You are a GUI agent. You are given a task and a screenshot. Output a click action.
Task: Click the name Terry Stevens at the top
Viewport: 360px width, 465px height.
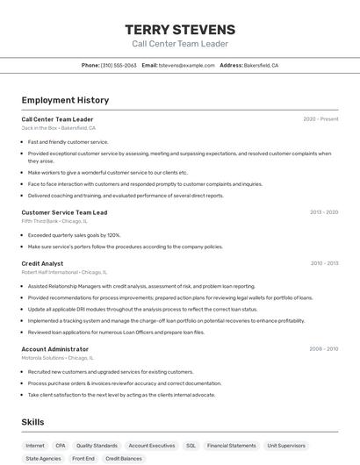pyautogui.click(x=180, y=30)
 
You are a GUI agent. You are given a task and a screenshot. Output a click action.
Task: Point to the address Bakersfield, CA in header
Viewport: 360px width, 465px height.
pyautogui.click(x=261, y=66)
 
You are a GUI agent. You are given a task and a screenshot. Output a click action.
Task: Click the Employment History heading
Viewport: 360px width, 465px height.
pyautogui.click(x=65, y=100)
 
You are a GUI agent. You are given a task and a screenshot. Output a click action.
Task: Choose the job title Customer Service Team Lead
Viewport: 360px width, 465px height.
pyautogui.click(x=64, y=212)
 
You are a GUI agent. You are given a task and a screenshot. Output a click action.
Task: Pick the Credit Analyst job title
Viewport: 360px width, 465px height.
pyautogui.click(x=42, y=263)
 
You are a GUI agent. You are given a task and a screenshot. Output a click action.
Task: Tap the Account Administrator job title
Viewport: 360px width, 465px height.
pyautogui.click(x=55, y=349)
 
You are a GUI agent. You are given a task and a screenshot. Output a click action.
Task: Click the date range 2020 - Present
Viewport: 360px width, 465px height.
pyautogui.click(x=320, y=119)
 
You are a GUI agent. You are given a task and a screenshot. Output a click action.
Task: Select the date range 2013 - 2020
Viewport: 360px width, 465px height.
pyautogui.click(x=324, y=212)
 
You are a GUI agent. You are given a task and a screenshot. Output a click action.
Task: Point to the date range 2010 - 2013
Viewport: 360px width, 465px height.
pyautogui.click(x=324, y=263)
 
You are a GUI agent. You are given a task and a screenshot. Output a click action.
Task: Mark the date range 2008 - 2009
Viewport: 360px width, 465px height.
pyautogui.click(x=323, y=349)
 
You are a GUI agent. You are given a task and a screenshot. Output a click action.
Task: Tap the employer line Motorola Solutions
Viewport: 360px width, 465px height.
pyautogui.click(x=57, y=358)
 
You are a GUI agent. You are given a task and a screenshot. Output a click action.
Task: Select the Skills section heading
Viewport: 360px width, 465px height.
pyautogui.click(x=32, y=422)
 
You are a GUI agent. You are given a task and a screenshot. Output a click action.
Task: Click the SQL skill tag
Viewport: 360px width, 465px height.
pyautogui.click(x=191, y=446)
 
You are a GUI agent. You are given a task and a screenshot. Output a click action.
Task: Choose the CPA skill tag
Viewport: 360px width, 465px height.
pyautogui.click(x=61, y=446)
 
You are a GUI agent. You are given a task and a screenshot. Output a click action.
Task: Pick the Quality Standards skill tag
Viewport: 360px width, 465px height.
pyautogui.click(x=97, y=446)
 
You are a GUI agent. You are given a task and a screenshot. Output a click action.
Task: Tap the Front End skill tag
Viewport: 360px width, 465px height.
pyautogui.click(x=83, y=459)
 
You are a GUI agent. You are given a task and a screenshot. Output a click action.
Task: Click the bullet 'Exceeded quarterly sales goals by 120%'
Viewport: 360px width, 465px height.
pyautogui.click(x=74, y=235)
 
